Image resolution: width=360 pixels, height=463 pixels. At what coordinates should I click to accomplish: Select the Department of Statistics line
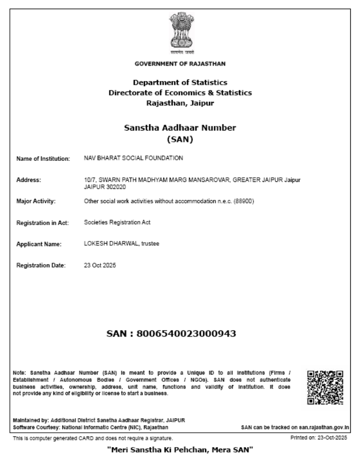[x=180, y=83]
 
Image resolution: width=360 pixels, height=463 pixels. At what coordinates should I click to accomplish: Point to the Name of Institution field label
[x=43, y=159]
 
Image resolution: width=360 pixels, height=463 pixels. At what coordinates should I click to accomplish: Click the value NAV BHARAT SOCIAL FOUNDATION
[x=134, y=158]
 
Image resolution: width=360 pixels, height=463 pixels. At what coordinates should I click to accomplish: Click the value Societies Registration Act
[x=117, y=222]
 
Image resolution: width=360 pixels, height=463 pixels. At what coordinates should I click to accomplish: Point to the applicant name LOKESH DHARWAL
[x=107, y=244]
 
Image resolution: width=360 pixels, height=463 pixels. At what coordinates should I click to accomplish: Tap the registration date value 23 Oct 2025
[x=100, y=265]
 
